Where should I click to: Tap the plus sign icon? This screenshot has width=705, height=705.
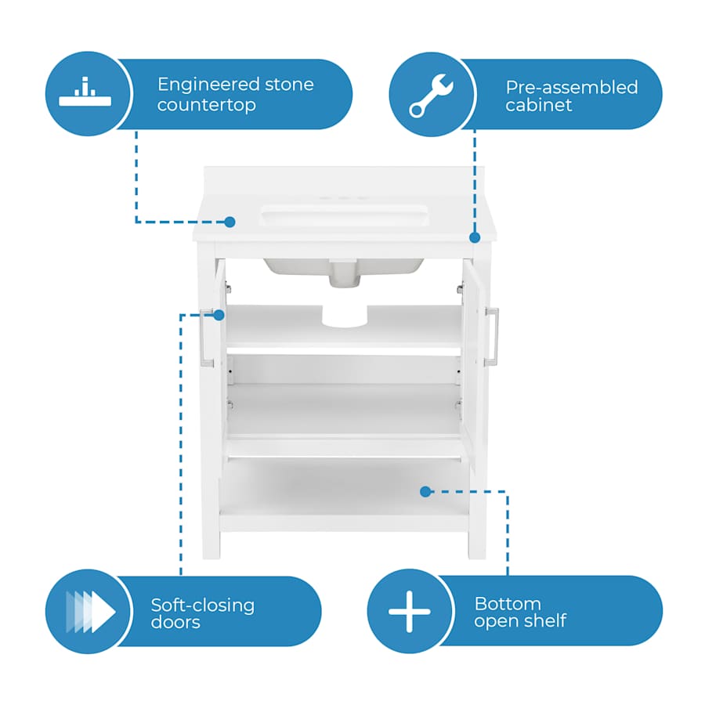[x=409, y=611]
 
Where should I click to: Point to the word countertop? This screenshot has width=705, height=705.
[x=206, y=105]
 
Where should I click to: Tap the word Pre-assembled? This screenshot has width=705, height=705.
[x=571, y=87]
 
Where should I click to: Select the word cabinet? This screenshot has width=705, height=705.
[x=538, y=106]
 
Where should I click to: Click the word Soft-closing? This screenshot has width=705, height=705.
[x=202, y=606]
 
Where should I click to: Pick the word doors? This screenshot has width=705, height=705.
[x=175, y=624]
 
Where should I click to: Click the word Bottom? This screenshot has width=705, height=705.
[x=508, y=604]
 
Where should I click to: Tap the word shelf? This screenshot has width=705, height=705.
[x=545, y=622]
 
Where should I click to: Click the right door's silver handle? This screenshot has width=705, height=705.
[x=492, y=337]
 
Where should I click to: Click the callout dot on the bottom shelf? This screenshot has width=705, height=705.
[x=425, y=492]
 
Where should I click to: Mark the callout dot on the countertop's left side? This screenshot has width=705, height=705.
[x=230, y=222]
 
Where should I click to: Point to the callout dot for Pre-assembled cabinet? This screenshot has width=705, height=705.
[x=474, y=237]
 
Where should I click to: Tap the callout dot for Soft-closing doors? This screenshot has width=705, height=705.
[x=219, y=316]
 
